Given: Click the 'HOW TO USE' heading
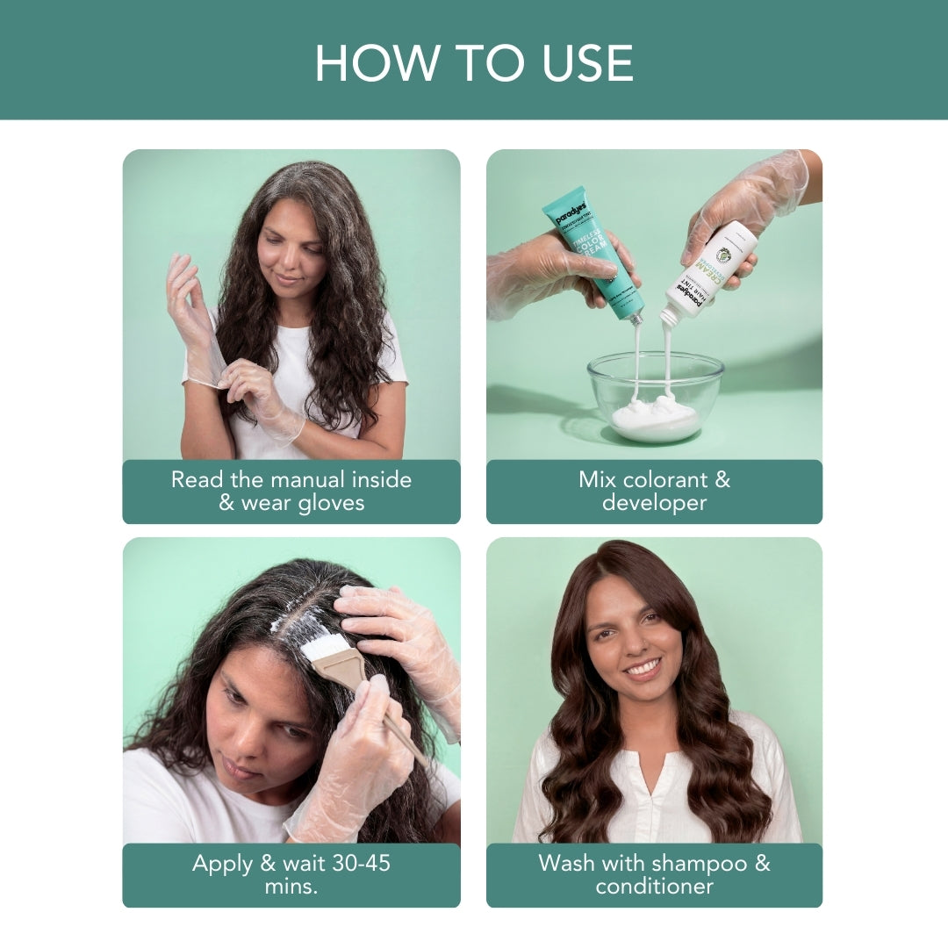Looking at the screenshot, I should click(x=474, y=62).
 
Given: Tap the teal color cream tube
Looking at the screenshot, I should click(x=592, y=250).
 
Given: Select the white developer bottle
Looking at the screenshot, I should click(x=712, y=269).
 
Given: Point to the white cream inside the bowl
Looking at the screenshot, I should click(x=656, y=420).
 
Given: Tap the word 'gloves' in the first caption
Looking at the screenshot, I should click(x=329, y=504).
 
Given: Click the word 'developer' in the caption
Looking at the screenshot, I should click(x=654, y=504).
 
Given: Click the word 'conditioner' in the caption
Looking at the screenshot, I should click(x=654, y=887).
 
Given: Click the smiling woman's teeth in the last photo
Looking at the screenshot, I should click(x=643, y=668).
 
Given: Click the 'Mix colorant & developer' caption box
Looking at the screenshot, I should click(x=654, y=492).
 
